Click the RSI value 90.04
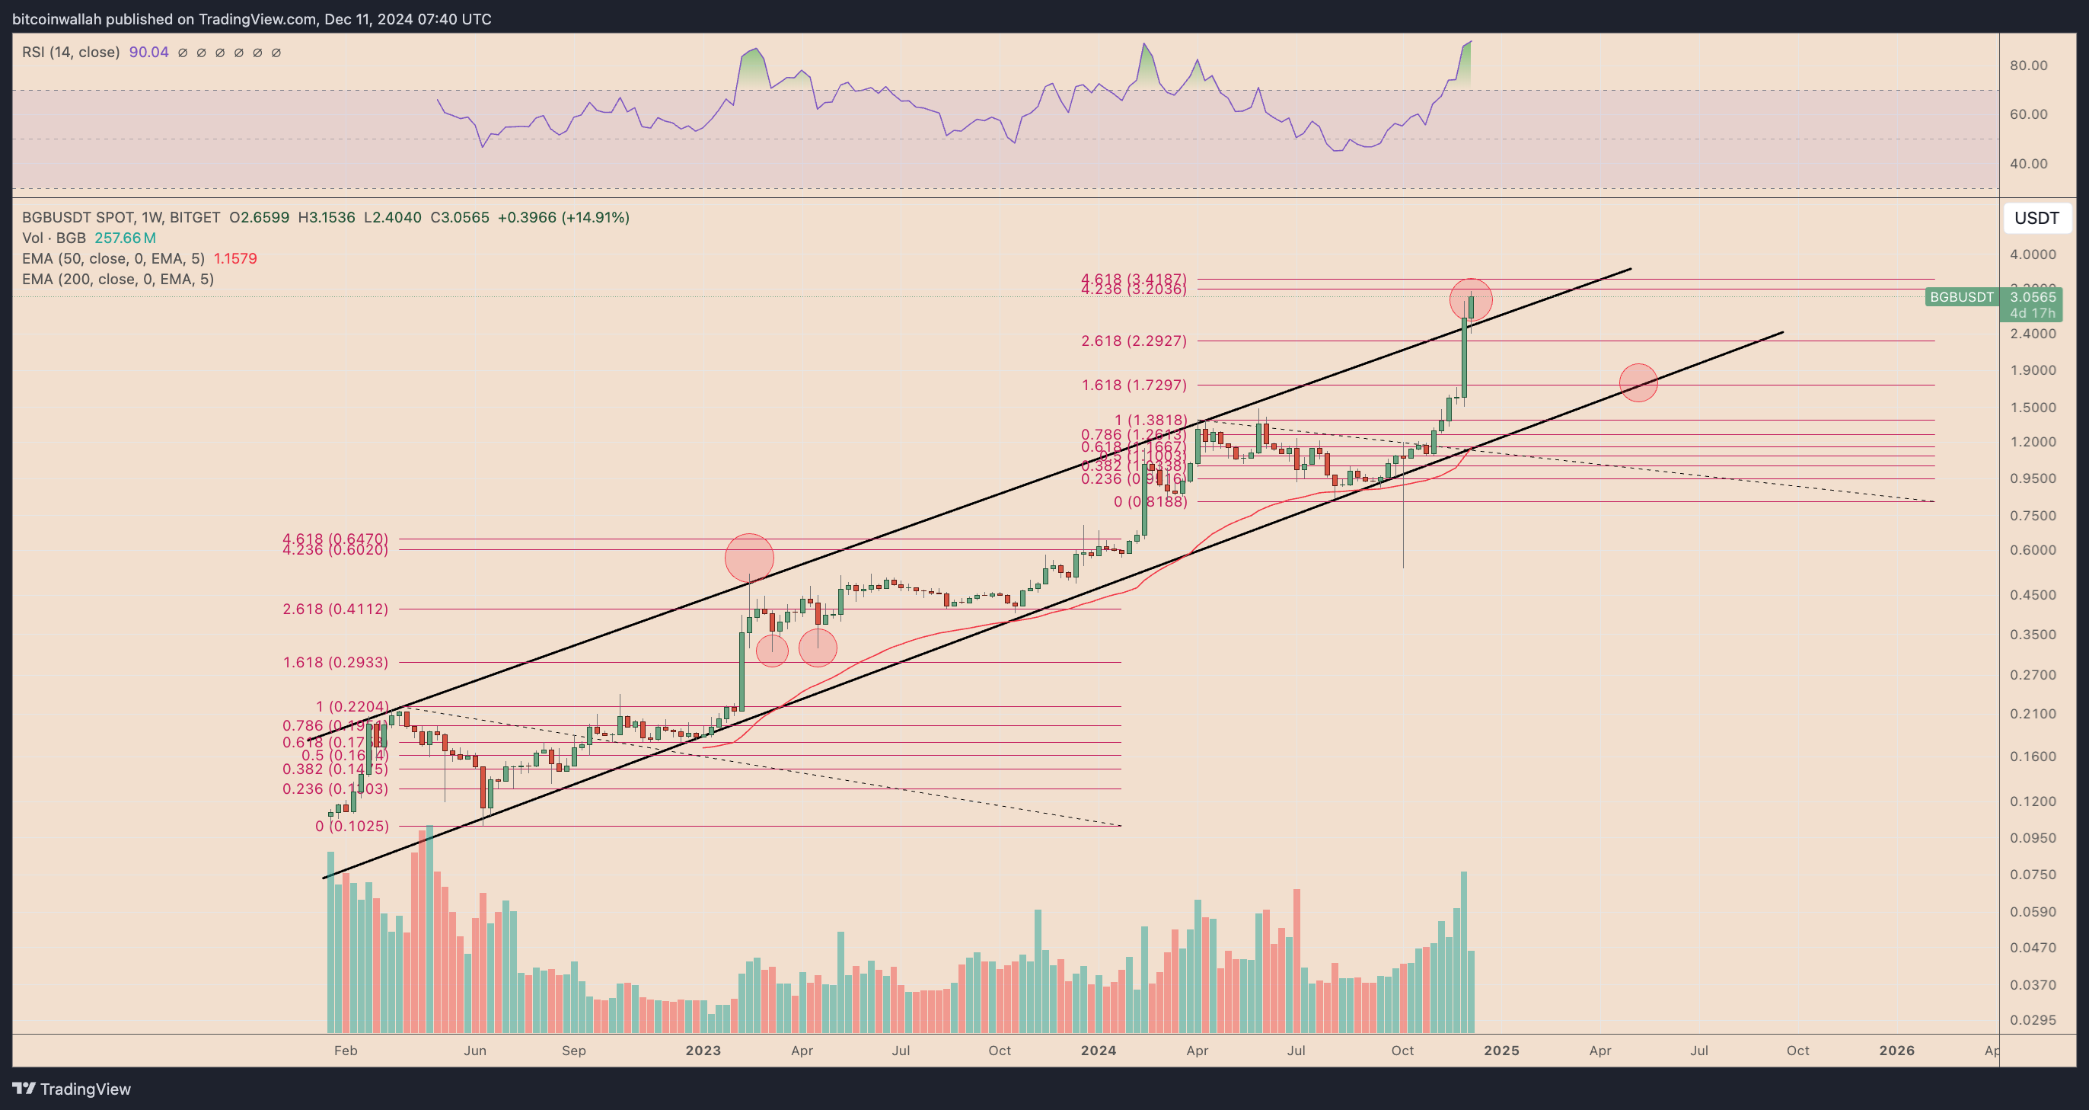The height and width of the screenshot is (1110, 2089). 148,53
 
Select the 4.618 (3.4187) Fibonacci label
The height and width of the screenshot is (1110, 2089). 1133,279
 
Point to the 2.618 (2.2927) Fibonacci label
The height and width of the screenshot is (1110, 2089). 1133,341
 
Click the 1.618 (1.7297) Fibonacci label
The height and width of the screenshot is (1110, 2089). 1133,385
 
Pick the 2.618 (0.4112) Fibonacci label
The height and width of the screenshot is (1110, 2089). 335,609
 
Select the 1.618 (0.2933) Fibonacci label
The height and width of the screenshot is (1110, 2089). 335,662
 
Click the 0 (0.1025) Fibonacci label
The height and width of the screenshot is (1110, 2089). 351,826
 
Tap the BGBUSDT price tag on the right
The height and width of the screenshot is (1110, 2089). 1961,297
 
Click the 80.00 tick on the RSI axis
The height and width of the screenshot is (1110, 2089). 2028,66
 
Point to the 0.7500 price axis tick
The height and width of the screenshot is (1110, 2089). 2032,516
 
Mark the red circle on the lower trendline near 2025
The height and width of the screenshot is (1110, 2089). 1638,382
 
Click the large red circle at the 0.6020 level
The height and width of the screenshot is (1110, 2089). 749,558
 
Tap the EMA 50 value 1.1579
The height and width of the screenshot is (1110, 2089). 235,259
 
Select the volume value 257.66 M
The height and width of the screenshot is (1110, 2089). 125,238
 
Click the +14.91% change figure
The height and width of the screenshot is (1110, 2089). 597,217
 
